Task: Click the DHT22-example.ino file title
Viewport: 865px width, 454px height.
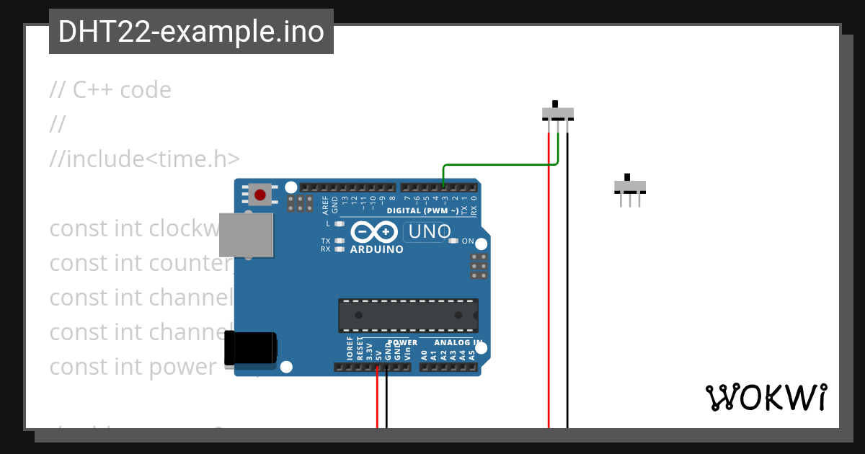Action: (191, 32)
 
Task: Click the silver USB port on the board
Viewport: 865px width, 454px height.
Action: (246, 235)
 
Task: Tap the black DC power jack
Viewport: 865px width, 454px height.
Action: (249, 348)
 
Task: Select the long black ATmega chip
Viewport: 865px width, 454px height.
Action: (408, 316)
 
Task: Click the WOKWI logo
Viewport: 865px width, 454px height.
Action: (766, 398)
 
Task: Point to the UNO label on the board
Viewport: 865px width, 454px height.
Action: (430, 232)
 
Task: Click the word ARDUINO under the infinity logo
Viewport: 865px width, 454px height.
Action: (376, 249)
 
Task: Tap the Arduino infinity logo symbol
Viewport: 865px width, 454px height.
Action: (375, 232)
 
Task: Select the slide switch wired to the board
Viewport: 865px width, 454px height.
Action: (557, 113)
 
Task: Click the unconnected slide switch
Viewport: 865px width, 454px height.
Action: (629, 187)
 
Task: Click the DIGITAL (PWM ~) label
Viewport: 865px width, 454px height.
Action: (422, 211)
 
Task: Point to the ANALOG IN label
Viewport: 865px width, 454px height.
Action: (458, 343)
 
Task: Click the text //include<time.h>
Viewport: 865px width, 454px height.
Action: (144, 159)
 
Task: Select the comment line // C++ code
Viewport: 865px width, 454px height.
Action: (110, 90)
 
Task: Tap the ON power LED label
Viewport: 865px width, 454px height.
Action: (468, 241)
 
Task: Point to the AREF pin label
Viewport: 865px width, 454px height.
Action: (325, 205)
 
